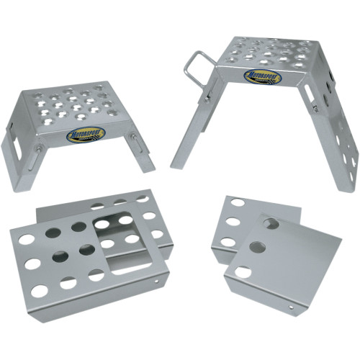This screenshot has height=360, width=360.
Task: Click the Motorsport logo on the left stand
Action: coord(86,134)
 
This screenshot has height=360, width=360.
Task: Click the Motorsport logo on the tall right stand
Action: coord(263,76)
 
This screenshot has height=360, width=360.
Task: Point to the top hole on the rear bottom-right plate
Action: coord(237,203)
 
